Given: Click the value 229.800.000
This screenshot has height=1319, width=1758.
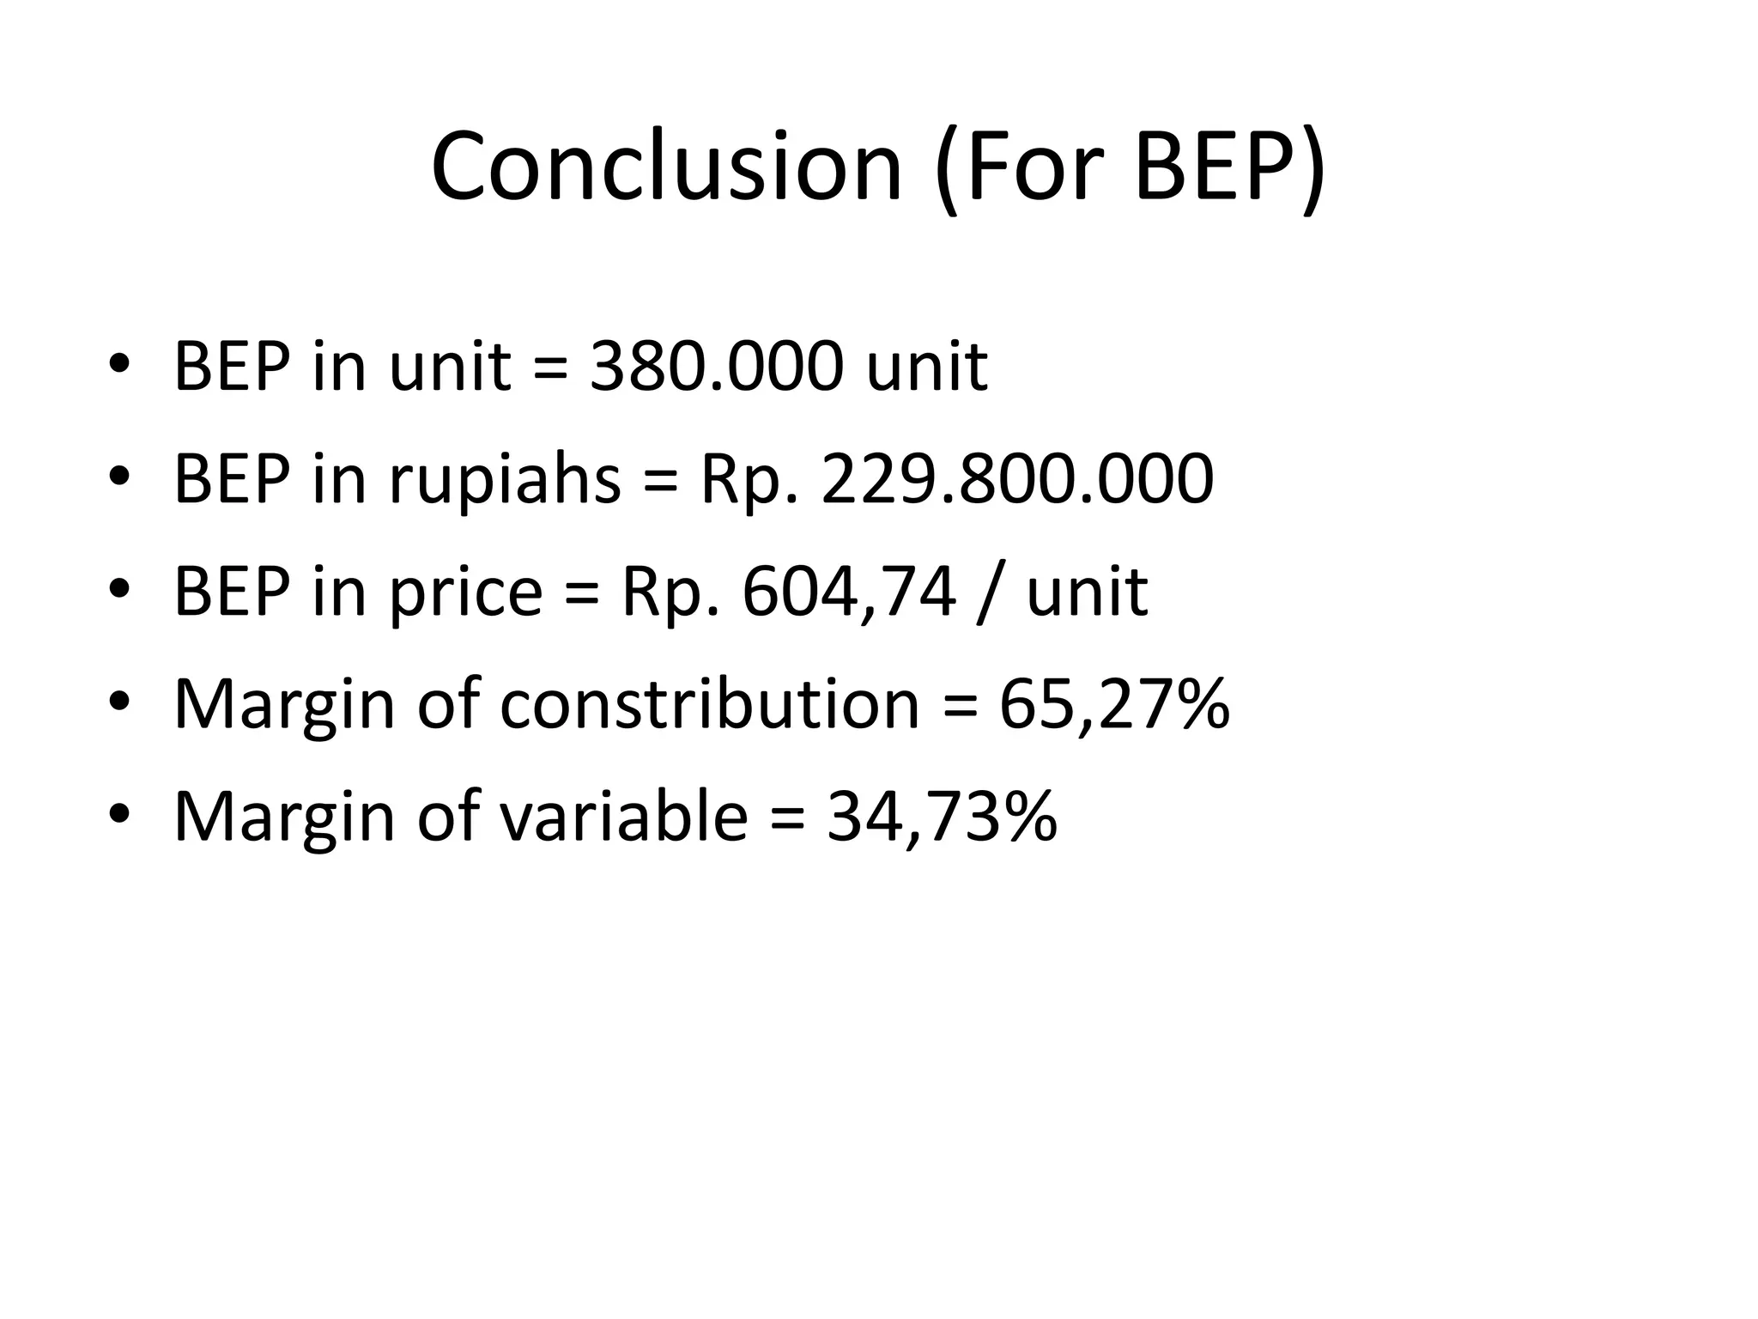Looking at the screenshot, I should (1017, 479).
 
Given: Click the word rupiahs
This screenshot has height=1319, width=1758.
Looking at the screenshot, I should (505, 479).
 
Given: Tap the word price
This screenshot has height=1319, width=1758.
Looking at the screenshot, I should (466, 593).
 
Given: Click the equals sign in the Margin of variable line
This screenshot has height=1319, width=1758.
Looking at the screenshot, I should (787, 818).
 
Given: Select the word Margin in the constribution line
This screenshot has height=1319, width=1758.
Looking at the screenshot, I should (284, 705).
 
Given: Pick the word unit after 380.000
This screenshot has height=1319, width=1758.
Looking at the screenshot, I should (926, 367).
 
